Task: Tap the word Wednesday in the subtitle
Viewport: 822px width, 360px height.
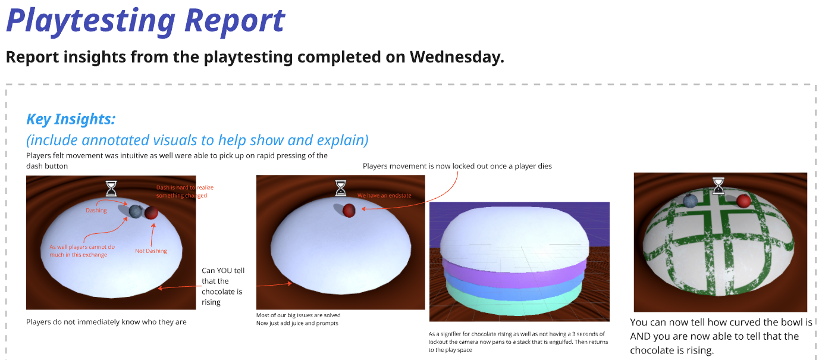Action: (x=457, y=57)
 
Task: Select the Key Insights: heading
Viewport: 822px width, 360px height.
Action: (x=71, y=119)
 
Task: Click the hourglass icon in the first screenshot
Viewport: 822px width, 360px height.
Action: (x=111, y=188)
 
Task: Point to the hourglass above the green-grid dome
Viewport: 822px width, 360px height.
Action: (x=718, y=186)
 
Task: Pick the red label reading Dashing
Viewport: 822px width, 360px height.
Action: (x=96, y=210)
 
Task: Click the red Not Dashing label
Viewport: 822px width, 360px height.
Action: (x=151, y=251)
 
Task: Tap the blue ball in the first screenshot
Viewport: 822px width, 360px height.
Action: (x=136, y=211)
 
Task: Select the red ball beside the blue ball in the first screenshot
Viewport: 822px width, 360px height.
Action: (x=151, y=213)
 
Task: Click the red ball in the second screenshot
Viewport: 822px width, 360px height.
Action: (x=349, y=211)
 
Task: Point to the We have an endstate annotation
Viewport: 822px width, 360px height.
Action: (x=384, y=196)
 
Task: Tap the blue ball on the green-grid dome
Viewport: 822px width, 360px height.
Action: (x=691, y=201)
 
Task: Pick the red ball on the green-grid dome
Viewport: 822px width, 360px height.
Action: (x=744, y=201)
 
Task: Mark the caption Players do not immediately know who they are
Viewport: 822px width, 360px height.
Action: (x=106, y=322)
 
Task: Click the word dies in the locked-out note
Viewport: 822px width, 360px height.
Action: (x=545, y=166)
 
